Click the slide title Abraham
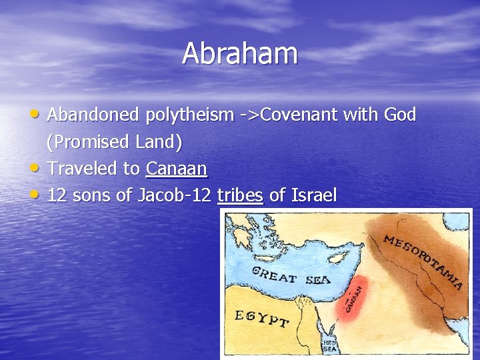[240, 54]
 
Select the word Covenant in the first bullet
[298, 115]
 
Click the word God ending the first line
[400, 115]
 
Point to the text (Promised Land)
[114, 142]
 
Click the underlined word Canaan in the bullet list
[177, 169]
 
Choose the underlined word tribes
[241, 195]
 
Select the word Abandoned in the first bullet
[93, 115]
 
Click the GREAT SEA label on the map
[290, 275]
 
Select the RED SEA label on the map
[330, 345]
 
